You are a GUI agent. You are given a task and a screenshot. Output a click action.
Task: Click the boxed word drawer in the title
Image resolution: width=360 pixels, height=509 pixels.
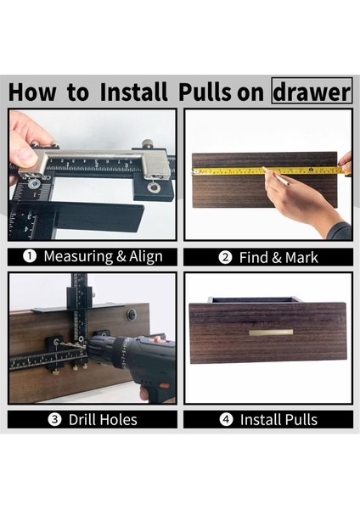coord(312,91)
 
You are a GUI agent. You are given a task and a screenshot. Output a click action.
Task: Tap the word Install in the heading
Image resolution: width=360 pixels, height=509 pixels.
coord(133,92)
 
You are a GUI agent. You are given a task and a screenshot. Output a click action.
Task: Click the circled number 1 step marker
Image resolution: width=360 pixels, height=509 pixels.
coord(30,256)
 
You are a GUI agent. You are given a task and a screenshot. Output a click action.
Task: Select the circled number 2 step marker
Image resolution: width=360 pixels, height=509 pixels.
coord(225,257)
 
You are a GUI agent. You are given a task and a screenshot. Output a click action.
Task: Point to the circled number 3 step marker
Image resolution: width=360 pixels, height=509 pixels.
coord(54,419)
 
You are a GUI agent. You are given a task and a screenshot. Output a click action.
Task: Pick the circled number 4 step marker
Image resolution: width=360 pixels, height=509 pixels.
coord(226,419)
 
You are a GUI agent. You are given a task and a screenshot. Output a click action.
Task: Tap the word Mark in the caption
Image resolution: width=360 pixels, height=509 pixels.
coord(301,257)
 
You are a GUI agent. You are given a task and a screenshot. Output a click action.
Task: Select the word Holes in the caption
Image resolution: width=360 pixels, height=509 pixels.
coord(118,420)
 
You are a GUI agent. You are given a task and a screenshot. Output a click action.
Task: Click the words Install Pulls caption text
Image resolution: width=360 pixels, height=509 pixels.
coord(278,420)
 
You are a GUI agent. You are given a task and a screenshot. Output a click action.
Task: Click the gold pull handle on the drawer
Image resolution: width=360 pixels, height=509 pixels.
coord(271,333)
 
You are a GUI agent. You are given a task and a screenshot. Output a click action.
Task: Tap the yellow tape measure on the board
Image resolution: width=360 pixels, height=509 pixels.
coord(271,171)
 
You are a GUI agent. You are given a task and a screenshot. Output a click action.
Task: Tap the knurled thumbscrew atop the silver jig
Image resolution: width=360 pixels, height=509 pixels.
coord(149,143)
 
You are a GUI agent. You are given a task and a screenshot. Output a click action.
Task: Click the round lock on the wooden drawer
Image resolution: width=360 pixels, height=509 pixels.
coord(132,314)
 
